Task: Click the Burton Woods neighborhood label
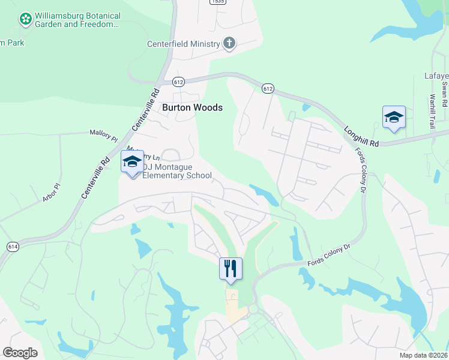pyautogui.click(x=192, y=108)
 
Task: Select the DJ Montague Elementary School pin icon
pyautogui.click(x=132, y=161)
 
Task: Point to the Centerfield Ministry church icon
pyautogui.click(x=229, y=43)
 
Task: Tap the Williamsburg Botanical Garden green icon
pyautogui.click(x=26, y=20)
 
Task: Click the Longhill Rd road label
pyautogui.click(x=361, y=134)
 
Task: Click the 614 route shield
pyautogui.click(x=13, y=247)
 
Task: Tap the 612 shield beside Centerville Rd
pyautogui.click(x=178, y=81)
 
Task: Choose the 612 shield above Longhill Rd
pyautogui.click(x=268, y=88)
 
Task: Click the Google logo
pyautogui.click(x=20, y=353)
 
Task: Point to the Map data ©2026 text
pyautogui.click(x=423, y=355)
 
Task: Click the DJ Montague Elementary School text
pyautogui.click(x=177, y=172)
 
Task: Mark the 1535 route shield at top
pyautogui.click(x=218, y=2)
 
